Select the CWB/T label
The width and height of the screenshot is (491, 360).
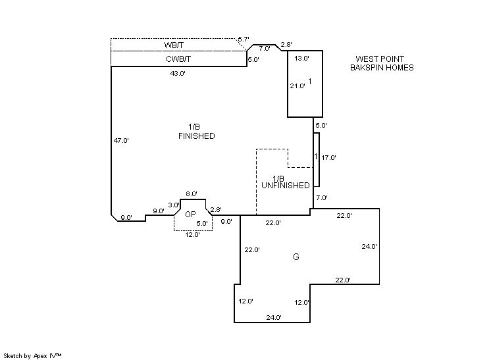(x=178, y=59)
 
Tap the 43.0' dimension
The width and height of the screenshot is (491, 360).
(x=178, y=74)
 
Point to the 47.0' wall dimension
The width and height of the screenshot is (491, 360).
(x=121, y=140)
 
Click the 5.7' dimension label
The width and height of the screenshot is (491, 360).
(x=244, y=39)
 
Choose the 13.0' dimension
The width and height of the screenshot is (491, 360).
(x=301, y=59)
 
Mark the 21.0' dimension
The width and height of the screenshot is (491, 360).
(x=297, y=86)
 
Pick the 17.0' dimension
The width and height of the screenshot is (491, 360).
(x=328, y=158)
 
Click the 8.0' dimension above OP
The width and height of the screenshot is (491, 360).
(x=192, y=193)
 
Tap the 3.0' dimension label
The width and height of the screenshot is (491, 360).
(x=174, y=205)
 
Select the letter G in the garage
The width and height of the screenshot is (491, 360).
(x=296, y=257)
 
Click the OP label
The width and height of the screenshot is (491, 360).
(x=190, y=215)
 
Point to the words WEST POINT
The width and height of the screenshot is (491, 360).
(x=379, y=59)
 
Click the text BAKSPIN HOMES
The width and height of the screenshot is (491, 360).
(x=382, y=68)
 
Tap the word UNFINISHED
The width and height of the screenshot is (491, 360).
(x=285, y=186)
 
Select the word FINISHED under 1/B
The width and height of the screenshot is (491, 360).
(x=197, y=136)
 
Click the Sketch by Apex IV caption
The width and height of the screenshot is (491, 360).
(x=32, y=355)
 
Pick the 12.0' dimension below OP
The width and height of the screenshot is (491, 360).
(x=193, y=234)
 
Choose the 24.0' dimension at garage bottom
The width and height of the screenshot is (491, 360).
(x=274, y=318)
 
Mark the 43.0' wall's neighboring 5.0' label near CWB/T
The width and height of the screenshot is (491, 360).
(x=253, y=60)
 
